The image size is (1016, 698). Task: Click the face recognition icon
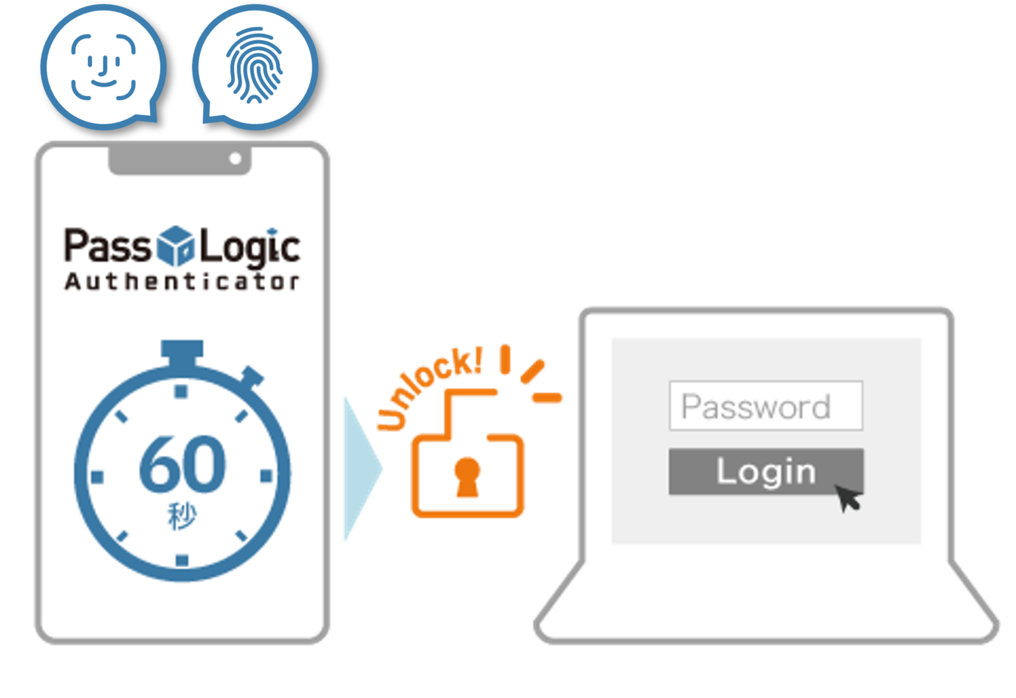tap(103, 66)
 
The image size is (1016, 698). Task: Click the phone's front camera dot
tap(235, 159)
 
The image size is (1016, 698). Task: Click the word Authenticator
tap(182, 281)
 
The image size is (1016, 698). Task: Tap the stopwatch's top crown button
tap(182, 351)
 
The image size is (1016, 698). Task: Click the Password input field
tap(765, 406)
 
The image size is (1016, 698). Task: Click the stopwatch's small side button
tap(252, 377)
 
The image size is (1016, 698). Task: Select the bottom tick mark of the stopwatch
tap(182, 560)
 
